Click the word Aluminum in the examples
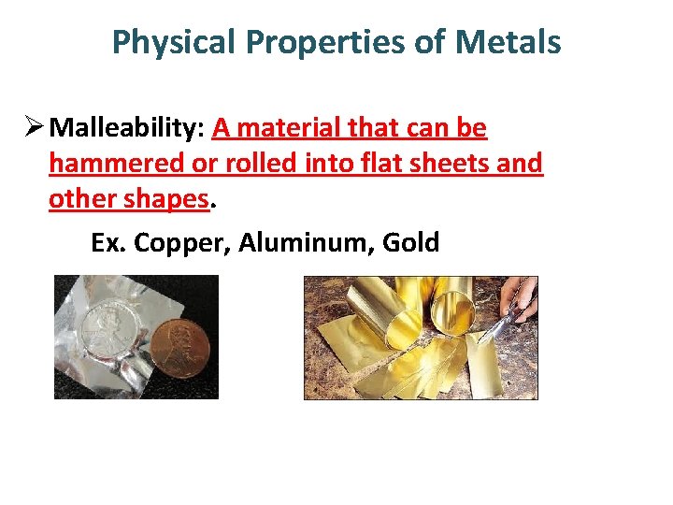pyautogui.click(x=299, y=243)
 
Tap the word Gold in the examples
pyautogui.click(x=411, y=243)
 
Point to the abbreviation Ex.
pyautogui.click(x=108, y=243)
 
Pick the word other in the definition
pyautogui.click(x=79, y=199)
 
